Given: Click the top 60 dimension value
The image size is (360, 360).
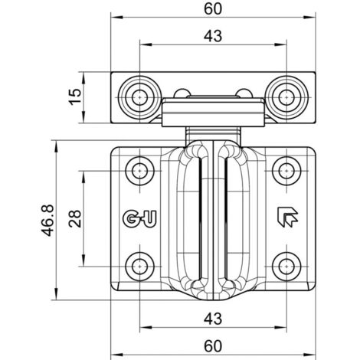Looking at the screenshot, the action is pyautogui.click(x=213, y=9).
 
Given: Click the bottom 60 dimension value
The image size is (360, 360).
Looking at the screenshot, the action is pyautogui.click(x=213, y=346).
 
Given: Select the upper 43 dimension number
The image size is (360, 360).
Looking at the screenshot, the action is pyautogui.click(x=213, y=36).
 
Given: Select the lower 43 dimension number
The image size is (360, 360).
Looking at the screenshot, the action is pyautogui.click(x=213, y=319).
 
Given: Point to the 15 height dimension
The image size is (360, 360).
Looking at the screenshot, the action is pyautogui.click(x=75, y=97).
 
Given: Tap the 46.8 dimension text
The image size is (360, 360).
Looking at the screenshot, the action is pyautogui.click(x=48, y=220).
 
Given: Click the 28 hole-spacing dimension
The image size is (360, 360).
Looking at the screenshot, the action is pyautogui.click(x=75, y=218).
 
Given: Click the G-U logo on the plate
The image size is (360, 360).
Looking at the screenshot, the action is pyautogui.click(x=139, y=218).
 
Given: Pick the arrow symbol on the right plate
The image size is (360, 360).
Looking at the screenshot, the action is pyautogui.click(x=287, y=217).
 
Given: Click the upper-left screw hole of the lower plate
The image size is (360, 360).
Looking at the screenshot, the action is pyautogui.click(x=139, y=171).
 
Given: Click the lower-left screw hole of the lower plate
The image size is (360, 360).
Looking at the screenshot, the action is pyautogui.click(x=139, y=267).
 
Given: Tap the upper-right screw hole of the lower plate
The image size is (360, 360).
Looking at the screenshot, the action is pyautogui.click(x=286, y=171).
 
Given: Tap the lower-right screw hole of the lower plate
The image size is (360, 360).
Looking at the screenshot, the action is pyautogui.click(x=286, y=267).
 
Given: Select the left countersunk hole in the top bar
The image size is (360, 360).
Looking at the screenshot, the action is pyautogui.click(x=139, y=97).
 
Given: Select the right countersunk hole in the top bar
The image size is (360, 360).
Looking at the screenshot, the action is pyautogui.click(x=286, y=97).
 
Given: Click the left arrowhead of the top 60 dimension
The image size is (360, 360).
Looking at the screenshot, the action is pyautogui.click(x=116, y=18).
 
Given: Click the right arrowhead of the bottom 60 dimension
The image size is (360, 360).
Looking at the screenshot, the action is pyautogui.click(x=309, y=355).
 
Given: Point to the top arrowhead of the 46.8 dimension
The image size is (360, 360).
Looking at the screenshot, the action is pyautogui.click(x=56, y=146).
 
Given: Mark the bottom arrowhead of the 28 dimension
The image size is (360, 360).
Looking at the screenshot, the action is pyautogui.click(x=83, y=260).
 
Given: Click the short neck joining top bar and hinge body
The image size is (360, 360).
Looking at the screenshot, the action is pyautogui.click(x=213, y=135).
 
